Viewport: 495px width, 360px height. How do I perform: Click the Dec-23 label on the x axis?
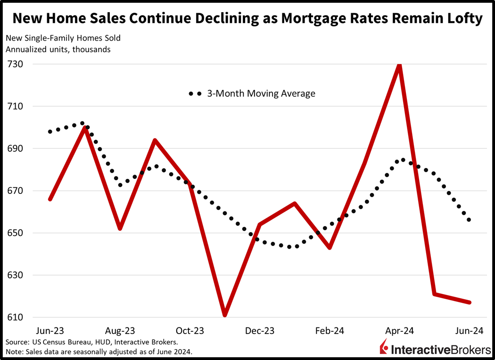coord(260,331)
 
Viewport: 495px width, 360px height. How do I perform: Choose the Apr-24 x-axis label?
coord(400,331)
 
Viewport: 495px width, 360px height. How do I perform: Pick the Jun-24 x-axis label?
coord(469,331)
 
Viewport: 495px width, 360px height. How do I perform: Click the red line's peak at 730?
coord(399,65)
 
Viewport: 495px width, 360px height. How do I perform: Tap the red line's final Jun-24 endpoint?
coord(469,302)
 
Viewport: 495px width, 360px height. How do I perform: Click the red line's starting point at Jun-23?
coord(50,199)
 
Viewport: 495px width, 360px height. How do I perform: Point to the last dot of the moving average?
coord(469,220)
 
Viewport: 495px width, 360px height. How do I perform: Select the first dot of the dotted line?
coord(50,132)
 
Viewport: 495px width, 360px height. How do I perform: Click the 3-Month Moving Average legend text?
coord(261,93)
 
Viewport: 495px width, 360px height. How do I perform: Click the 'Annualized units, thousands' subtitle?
coord(58,50)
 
